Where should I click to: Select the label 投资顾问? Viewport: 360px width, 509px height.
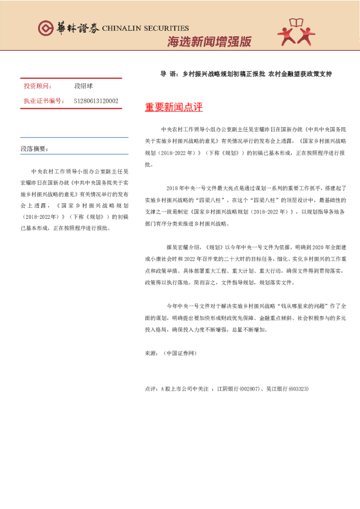38,86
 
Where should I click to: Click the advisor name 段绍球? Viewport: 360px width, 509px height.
83,86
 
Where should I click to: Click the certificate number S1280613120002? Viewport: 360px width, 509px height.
96,101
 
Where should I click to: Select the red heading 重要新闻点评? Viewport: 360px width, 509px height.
174,108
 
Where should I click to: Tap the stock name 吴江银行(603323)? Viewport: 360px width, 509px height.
287,388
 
